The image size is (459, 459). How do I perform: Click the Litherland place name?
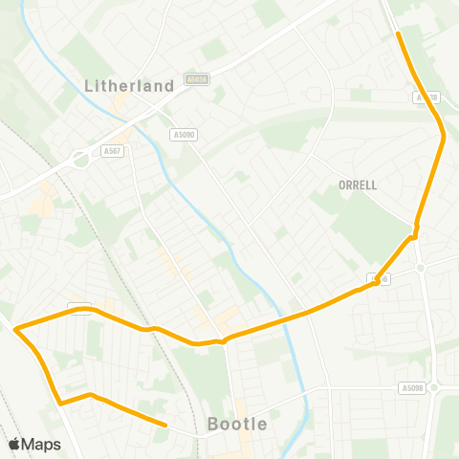pyautogui.click(x=129, y=85)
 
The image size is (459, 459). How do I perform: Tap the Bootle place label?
pyautogui.click(x=237, y=424)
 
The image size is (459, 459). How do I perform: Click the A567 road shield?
pyautogui.click(x=111, y=150)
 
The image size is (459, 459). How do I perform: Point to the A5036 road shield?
pyautogui.click(x=197, y=80)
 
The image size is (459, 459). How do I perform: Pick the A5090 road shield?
pyautogui.click(x=184, y=135)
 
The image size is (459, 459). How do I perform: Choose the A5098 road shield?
pyautogui.click(x=411, y=388)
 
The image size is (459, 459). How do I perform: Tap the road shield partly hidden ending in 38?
pyautogui.click(x=427, y=98)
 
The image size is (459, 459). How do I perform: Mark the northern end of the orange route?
pyautogui.click(x=398, y=34)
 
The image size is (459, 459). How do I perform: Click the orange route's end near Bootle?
pyautogui.click(x=165, y=425)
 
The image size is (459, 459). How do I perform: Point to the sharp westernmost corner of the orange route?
pyautogui.click(x=16, y=328)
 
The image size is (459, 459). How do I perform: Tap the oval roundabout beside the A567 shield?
pyautogui.click(x=79, y=159)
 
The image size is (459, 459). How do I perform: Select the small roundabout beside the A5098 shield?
pyautogui.click(x=433, y=387)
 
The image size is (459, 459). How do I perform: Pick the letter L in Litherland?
pyautogui.click(x=89, y=85)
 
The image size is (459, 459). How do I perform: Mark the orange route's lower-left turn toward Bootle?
pyautogui.click(x=60, y=404)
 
